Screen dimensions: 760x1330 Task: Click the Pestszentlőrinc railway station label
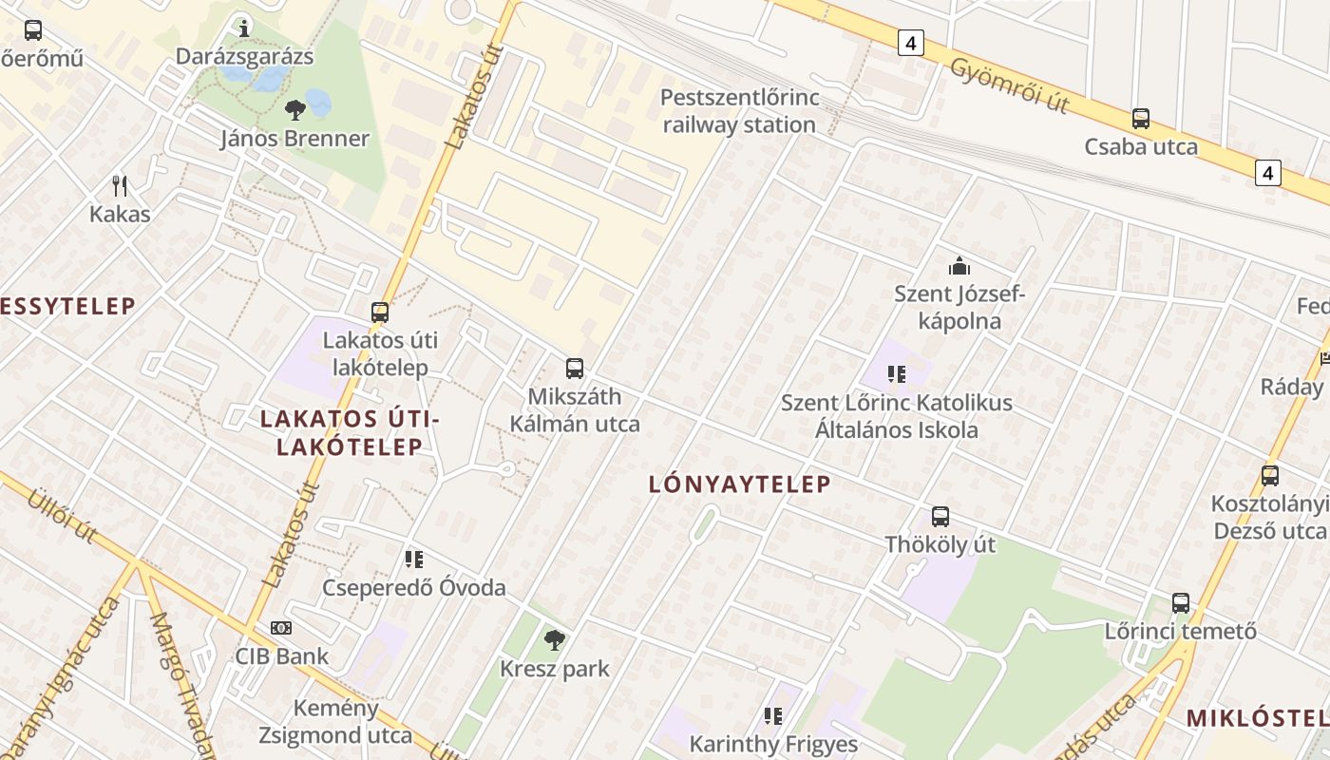tap(739, 111)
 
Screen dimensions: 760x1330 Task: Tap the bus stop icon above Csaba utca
tap(1141, 119)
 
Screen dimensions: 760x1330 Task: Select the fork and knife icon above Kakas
tap(120, 184)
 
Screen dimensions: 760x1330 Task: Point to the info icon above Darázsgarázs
tap(244, 28)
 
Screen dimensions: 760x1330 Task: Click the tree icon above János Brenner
tap(294, 109)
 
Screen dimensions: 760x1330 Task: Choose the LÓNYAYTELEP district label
tap(739, 484)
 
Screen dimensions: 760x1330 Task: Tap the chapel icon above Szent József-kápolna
tap(959, 265)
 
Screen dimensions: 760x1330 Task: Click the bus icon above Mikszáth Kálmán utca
tap(575, 369)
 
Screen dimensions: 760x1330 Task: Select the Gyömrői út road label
tap(1010, 85)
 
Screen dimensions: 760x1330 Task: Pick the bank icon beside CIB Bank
tap(281, 628)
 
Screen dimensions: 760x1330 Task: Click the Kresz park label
tap(555, 669)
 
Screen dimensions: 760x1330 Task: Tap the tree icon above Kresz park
tap(555, 640)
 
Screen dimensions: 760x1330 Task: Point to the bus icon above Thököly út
tap(940, 517)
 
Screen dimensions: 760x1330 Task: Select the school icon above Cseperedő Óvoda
tap(413, 560)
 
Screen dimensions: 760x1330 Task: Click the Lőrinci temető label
tap(1181, 631)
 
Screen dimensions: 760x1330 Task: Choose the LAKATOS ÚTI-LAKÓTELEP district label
tap(350, 432)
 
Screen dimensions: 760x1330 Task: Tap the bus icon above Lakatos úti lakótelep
tap(380, 312)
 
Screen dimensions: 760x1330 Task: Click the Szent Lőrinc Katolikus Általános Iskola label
tap(897, 416)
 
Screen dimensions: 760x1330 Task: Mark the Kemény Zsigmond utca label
tap(323, 721)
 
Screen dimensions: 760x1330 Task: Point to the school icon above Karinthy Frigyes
tap(773, 715)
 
